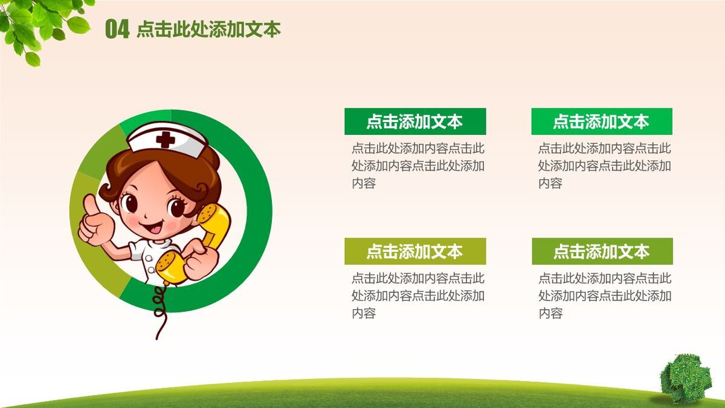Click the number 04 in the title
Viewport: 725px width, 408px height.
117,29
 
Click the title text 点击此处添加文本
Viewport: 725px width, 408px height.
208,29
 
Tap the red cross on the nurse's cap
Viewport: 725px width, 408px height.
166,140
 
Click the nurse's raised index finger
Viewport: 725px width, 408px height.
92,205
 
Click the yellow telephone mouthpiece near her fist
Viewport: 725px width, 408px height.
171,267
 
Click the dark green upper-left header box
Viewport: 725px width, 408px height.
415,121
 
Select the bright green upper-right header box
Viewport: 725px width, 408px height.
602,121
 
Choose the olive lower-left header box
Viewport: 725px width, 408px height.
415,251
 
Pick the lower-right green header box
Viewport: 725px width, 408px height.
602,251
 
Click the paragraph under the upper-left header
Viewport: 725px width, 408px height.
418,166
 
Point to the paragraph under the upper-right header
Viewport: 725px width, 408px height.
605,166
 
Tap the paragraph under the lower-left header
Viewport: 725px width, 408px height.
418,296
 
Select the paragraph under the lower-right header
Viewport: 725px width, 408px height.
605,296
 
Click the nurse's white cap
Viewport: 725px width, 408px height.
167,140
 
